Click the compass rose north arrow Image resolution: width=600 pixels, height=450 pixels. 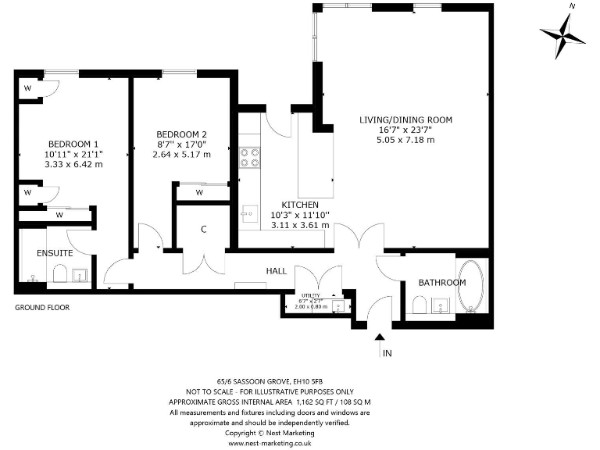coord(562,33)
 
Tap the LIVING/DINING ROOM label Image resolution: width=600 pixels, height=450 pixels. coord(405,120)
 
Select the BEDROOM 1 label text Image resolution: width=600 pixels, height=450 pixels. coord(73,144)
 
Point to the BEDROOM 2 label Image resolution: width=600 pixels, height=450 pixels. coord(181,134)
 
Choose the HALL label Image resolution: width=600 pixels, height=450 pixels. coord(276,271)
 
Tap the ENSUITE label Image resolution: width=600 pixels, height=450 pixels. coord(55,254)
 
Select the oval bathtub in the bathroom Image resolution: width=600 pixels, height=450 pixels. coord(472,286)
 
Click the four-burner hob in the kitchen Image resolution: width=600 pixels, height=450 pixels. coord(250,159)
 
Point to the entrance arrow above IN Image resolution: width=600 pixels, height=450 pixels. coord(380,338)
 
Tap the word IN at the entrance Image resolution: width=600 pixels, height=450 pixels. coord(386,354)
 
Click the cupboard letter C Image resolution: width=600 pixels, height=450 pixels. coord(203,230)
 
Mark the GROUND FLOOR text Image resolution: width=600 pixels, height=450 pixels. coord(42,308)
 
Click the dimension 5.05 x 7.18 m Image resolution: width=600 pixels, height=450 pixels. coord(405,140)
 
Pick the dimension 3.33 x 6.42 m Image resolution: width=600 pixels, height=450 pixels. coord(74,164)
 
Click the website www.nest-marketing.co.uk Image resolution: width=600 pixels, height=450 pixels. coord(270,443)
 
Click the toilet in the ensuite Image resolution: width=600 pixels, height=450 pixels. coord(59,274)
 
